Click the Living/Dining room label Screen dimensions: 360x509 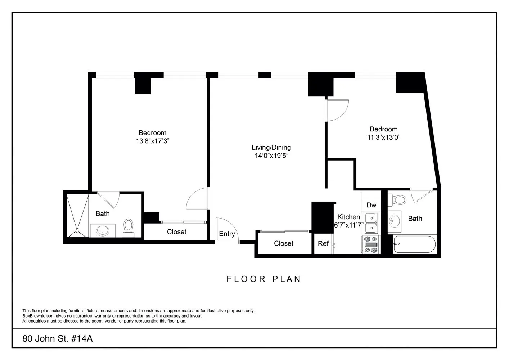(271, 147)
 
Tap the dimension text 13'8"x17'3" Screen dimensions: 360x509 (152, 141)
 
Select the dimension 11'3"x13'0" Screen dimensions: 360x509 (384, 137)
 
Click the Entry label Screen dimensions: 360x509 (227, 234)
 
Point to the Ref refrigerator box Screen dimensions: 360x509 (323, 244)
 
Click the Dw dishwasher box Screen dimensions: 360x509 (371, 205)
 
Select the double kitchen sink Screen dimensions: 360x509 (370, 223)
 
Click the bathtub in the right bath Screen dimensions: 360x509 (414, 245)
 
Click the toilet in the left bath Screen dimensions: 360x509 (128, 228)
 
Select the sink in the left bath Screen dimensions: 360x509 (103, 230)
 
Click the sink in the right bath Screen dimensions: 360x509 (395, 220)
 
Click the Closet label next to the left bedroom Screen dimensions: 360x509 (176, 232)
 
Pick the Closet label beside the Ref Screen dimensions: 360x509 (283, 244)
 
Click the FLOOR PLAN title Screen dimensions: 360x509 (263, 279)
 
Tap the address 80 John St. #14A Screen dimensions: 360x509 (58, 339)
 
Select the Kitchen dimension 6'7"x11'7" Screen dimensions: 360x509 (348, 225)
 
